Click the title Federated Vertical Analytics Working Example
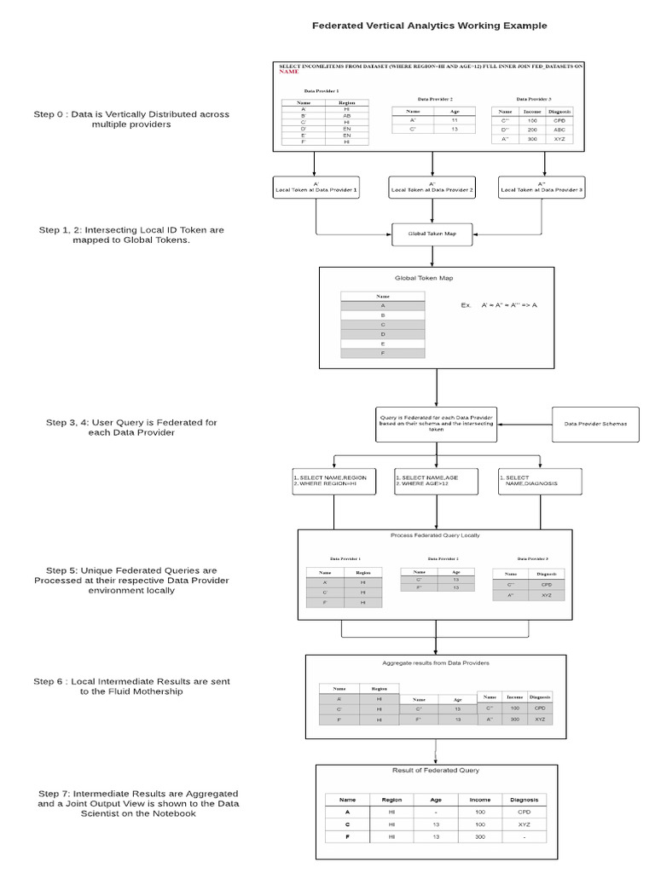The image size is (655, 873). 430,26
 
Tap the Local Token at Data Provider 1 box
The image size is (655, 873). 316,188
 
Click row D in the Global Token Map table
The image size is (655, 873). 383,333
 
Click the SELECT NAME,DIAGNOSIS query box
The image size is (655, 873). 540,481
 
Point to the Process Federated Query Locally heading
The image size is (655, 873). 435,535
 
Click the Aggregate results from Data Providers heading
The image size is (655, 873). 435,662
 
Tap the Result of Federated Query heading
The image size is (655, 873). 435,770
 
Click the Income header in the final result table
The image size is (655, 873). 480,800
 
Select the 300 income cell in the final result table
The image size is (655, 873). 480,837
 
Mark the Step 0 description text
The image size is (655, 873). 131,119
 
